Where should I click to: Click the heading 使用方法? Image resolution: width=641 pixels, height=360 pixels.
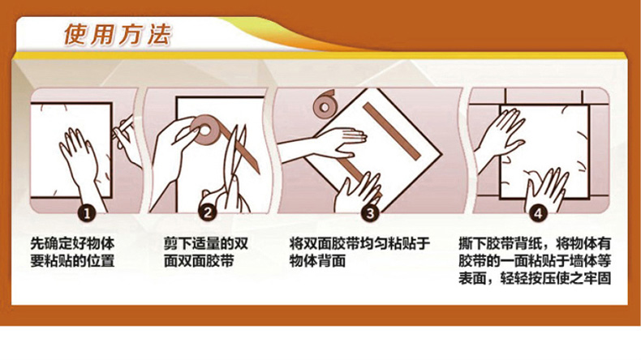(x=118, y=34)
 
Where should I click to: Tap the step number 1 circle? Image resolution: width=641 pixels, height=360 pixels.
(x=87, y=213)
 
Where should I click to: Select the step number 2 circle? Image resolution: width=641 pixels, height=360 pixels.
(x=208, y=213)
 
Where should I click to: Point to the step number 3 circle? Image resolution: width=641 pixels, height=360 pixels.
(x=370, y=213)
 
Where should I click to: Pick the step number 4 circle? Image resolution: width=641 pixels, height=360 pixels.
(x=538, y=213)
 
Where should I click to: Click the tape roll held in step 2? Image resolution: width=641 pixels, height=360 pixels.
(x=204, y=131)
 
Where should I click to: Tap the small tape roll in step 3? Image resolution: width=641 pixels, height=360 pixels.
(x=325, y=105)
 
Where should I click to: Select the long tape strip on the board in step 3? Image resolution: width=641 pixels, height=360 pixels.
(x=392, y=131)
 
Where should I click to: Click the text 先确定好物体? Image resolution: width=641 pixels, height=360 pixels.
(x=73, y=243)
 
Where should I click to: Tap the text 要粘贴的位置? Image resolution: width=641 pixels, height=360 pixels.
(x=73, y=261)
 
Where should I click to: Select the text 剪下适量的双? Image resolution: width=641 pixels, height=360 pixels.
(x=206, y=243)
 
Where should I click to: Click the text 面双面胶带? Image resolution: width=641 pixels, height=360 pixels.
(x=199, y=261)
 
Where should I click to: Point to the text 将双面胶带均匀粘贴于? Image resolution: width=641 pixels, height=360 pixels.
(x=359, y=243)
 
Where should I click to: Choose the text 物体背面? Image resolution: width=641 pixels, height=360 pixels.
(x=317, y=261)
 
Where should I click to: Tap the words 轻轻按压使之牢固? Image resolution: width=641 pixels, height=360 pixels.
(x=556, y=279)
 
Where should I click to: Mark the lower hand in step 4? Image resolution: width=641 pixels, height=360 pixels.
(x=546, y=189)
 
